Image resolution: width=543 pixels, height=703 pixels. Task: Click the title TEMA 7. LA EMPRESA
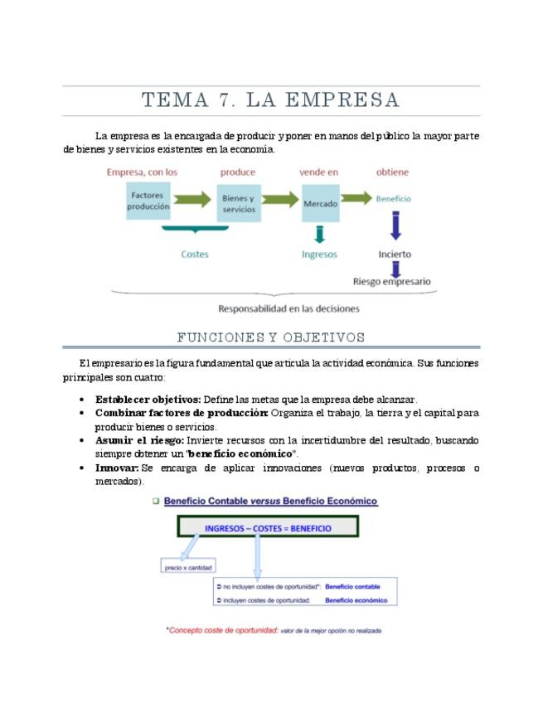click(271, 100)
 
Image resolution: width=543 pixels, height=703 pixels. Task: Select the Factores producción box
click(148, 201)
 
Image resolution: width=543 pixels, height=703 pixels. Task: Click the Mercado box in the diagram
click(320, 202)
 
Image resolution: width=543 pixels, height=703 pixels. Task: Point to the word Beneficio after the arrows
click(393, 199)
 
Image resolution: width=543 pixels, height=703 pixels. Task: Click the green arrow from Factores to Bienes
click(192, 200)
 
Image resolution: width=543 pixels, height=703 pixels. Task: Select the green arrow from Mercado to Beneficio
click(356, 198)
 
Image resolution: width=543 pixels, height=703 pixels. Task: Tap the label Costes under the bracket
click(195, 255)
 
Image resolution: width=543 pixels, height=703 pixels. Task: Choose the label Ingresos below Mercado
click(319, 255)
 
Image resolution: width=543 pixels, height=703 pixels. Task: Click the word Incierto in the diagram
click(395, 255)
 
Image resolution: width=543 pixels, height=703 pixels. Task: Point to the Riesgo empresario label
click(392, 282)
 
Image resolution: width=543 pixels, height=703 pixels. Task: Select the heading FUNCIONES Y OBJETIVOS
click(271, 337)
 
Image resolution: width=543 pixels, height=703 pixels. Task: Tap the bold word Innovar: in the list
click(117, 468)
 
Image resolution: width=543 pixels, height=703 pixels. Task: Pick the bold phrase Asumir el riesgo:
click(139, 440)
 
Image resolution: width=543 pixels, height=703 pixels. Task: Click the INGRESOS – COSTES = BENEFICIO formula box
click(267, 528)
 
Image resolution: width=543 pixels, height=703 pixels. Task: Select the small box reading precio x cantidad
click(188, 568)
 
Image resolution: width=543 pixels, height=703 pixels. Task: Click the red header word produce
click(238, 172)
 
